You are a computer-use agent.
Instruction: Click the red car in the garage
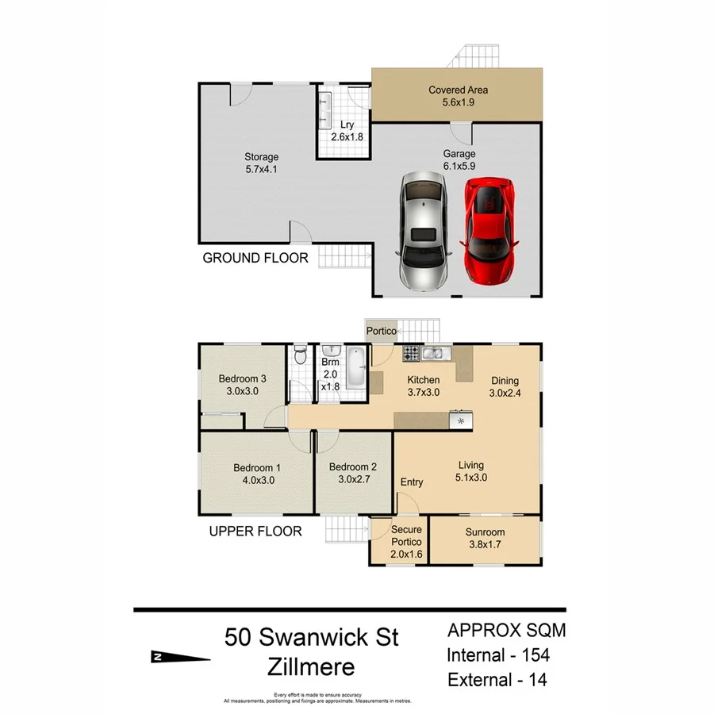(x=489, y=231)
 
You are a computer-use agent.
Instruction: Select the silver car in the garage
(x=422, y=231)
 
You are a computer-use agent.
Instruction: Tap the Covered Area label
(x=459, y=96)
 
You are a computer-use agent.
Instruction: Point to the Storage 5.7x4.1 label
(x=261, y=163)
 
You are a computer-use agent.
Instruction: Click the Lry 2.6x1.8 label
(x=346, y=131)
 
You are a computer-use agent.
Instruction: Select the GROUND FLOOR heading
(x=255, y=258)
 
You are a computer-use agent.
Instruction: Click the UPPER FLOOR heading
(x=255, y=531)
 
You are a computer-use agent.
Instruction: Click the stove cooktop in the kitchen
(x=413, y=353)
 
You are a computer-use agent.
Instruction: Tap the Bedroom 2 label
(x=352, y=473)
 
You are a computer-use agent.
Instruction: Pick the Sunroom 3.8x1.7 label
(x=484, y=539)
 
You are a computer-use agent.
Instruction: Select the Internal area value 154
(x=535, y=655)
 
